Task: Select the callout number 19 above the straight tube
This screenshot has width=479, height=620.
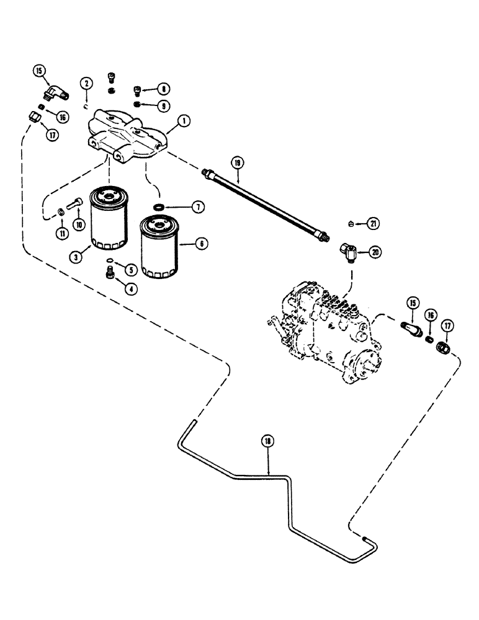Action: (x=236, y=162)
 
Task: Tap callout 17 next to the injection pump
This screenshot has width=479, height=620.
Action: (x=445, y=326)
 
